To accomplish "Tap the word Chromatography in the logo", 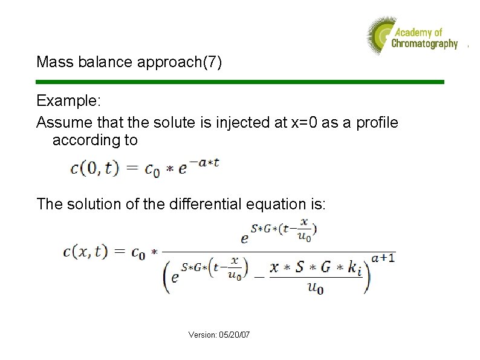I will coord(424,44).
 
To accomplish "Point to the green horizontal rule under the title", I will coord(240,82).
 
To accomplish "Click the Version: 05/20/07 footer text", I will coord(219,335).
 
